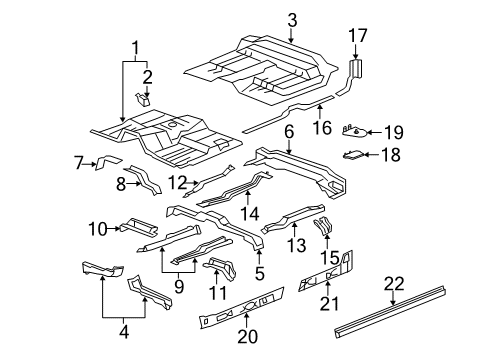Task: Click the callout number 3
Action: click(x=291, y=19)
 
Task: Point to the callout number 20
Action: click(x=252, y=335)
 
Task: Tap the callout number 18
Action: click(x=390, y=154)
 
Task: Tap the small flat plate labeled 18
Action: click(x=355, y=154)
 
